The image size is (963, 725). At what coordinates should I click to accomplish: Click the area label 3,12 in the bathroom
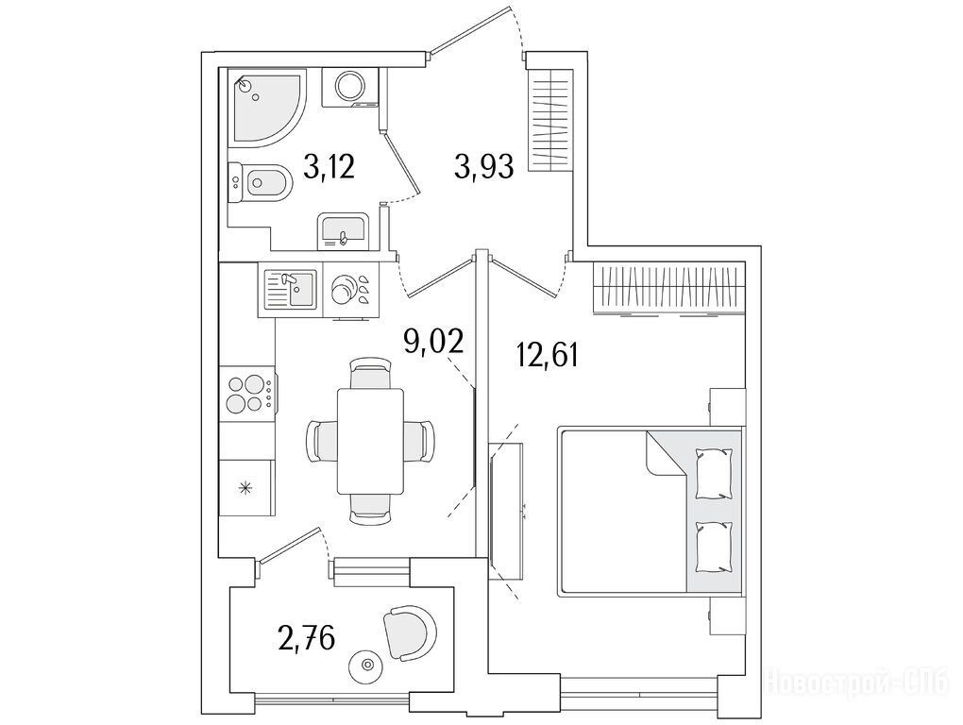click(x=329, y=166)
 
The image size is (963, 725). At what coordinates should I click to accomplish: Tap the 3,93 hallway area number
click(x=484, y=166)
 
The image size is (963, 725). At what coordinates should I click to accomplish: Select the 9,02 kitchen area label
click(x=432, y=342)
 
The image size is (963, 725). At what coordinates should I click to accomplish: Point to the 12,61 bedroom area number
click(x=548, y=355)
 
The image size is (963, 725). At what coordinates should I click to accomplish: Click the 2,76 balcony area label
click(x=307, y=637)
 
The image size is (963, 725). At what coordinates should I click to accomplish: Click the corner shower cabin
click(x=266, y=108)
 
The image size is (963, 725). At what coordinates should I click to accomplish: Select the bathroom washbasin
click(x=343, y=232)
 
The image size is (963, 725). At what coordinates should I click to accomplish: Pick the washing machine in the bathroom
click(x=350, y=88)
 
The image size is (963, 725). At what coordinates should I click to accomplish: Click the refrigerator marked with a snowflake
click(x=246, y=489)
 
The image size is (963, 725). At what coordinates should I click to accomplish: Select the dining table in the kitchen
click(x=370, y=441)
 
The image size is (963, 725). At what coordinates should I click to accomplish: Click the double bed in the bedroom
click(x=650, y=512)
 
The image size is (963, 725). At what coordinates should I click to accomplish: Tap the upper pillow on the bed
click(x=714, y=473)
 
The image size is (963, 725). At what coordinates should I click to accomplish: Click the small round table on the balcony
click(x=367, y=665)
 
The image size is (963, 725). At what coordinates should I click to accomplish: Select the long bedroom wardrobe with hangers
click(x=669, y=289)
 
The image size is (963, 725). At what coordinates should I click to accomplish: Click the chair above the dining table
click(x=370, y=373)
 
